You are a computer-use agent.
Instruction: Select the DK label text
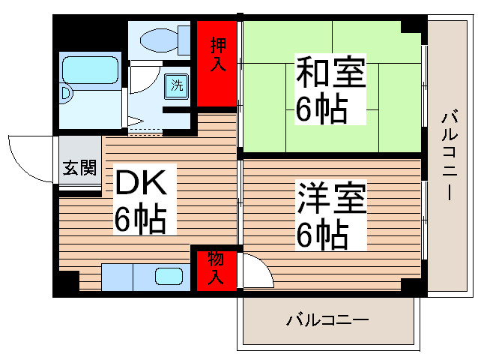click(x=145, y=182)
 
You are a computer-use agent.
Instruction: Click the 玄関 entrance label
click(x=79, y=167)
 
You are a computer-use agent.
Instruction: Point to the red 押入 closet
click(x=217, y=63)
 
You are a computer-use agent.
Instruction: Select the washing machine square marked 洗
click(x=178, y=85)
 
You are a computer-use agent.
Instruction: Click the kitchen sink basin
click(x=168, y=276)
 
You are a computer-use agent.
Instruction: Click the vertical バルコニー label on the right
click(x=450, y=155)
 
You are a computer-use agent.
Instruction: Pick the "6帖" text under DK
click(x=140, y=219)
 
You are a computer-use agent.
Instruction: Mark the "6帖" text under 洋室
click(x=322, y=236)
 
